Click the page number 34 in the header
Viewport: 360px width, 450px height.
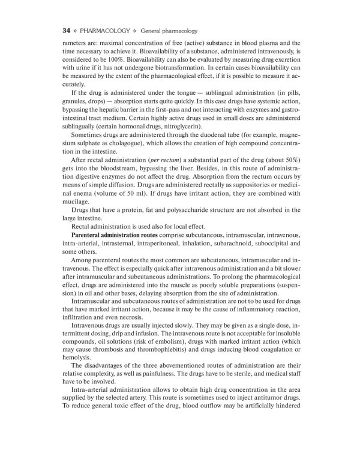point(67,29)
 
